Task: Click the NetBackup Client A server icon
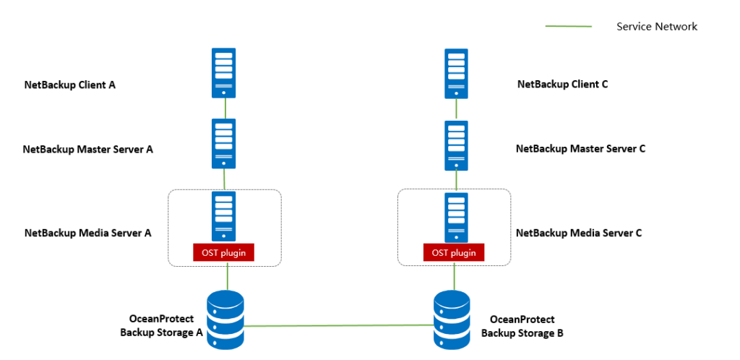click(223, 73)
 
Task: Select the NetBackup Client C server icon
click(456, 73)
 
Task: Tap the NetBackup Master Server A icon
click(223, 144)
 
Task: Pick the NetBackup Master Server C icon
click(456, 144)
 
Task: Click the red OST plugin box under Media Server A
click(223, 253)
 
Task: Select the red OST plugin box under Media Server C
click(454, 253)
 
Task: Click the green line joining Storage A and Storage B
click(340, 326)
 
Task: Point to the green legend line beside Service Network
click(568, 27)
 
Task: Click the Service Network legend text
click(656, 27)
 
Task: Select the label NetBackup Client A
click(69, 85)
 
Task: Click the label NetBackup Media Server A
click(87, 233)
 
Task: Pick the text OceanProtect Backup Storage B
click(522, 326)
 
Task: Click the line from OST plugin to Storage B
click(454, 275)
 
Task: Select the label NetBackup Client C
click(562, 84)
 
